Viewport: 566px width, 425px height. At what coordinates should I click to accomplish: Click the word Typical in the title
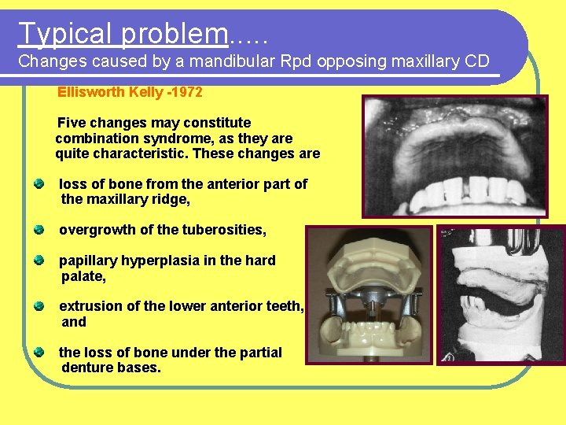click(66, 34)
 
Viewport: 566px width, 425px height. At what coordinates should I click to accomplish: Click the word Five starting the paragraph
click(74, 123)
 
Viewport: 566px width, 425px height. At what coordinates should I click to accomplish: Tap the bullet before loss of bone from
click(39, 184)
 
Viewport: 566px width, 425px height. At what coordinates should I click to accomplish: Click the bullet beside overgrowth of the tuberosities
click(39, 230)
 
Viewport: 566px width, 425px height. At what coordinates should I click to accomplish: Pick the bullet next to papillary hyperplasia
click(39, 261)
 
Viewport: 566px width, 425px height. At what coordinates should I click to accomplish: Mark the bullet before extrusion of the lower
click(39, 306)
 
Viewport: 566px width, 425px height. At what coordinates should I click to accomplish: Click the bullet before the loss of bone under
click(39, 352)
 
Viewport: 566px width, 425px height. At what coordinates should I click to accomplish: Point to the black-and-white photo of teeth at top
click(454, 156)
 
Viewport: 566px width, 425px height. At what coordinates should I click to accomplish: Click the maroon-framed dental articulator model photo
click(369, 295)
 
